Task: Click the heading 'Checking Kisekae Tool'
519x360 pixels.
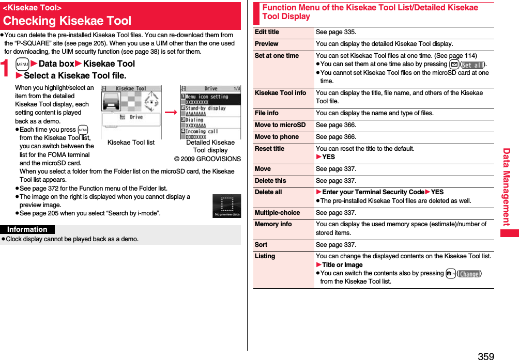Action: tap(68, 21)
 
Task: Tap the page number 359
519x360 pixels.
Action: tap(486, 356)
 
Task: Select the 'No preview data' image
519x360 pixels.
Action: tap(226, 206)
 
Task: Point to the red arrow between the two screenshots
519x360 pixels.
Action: tap(170, 112)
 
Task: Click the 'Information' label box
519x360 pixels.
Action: tap(27, 229)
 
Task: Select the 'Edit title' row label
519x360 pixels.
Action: tap(267, 32)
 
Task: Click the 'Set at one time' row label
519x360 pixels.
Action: tap(277, 56)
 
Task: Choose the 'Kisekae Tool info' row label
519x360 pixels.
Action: tap(280, 93)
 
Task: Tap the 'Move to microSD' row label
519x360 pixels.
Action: tap(280, 125)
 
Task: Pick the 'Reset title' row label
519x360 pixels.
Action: tap(269, 149)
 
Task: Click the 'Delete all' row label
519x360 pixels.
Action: tap(268, 192)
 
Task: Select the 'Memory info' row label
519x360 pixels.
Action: tap(273, 224)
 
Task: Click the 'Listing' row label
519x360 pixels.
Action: tap(265, 256)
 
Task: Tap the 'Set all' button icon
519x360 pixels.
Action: tap(472, 65)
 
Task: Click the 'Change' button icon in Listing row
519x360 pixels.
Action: tap(469, 273)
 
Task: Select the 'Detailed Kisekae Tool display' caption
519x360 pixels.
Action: tap(210, 146)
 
